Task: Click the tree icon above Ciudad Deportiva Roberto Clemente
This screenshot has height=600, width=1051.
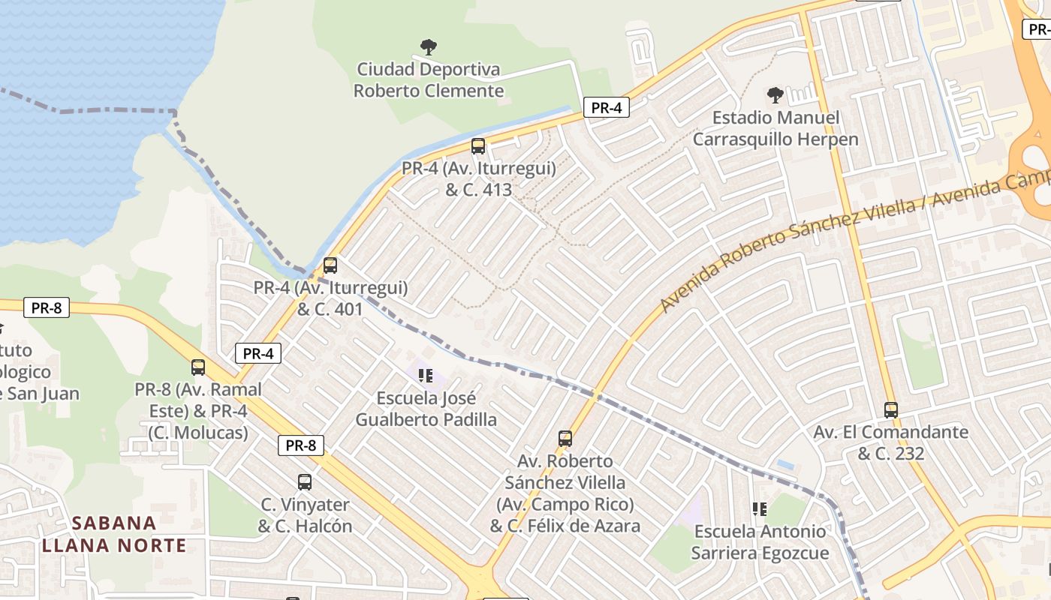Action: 429,48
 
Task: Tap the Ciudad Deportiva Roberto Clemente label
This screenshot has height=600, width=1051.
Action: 429,80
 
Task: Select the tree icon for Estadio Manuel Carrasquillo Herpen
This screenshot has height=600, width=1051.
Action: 775,95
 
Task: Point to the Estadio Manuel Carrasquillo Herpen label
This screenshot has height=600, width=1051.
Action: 775,128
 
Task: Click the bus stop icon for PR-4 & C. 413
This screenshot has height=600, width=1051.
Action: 478,146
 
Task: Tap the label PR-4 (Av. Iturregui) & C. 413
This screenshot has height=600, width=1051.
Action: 479,179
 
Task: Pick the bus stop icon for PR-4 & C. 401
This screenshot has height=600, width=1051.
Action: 330,265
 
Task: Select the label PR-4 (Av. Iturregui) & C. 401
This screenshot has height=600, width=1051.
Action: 330,298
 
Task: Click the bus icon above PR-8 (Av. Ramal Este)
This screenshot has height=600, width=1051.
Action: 198,367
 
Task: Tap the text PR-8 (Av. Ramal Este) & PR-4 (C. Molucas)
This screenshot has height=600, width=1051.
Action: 198,411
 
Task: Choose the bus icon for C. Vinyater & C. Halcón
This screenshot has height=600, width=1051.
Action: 305,482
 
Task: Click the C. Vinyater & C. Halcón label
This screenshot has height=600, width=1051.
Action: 306,515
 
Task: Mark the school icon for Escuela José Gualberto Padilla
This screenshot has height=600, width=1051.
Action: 426,376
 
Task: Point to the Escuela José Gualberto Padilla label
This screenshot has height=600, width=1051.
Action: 426,409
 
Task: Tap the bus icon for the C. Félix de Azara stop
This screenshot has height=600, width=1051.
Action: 565,439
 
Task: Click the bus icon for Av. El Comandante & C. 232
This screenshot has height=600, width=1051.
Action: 891,410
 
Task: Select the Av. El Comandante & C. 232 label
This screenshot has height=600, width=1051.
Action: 891,443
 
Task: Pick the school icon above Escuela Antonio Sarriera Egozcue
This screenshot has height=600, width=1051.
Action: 760,509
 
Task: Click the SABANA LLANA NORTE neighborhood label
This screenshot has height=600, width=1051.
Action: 114,534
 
